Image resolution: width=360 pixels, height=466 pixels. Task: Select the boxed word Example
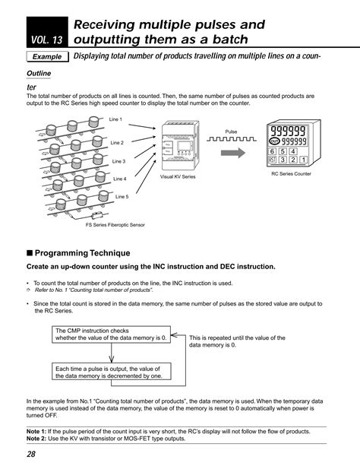46,57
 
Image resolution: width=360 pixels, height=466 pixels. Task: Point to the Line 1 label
115,119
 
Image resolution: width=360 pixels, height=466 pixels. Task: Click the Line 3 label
118,161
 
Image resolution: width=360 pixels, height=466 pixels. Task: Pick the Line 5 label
122,196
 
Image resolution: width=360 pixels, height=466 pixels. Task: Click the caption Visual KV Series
178,176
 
